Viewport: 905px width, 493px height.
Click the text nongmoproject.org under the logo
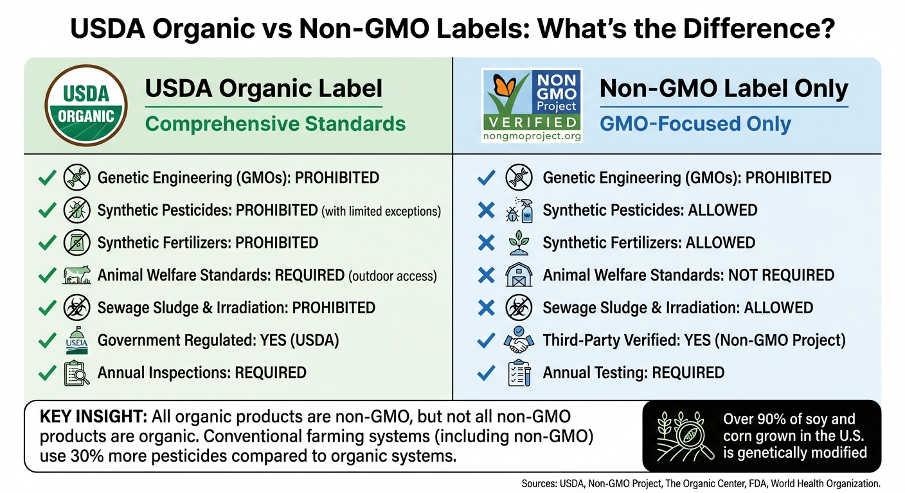[x=532, y=136]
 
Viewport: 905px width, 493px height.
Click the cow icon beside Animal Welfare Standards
[x=77, y=276]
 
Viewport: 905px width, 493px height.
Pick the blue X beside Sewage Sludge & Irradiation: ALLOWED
[x=487, y=308]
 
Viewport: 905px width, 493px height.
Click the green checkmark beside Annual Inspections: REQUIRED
[x=47, y=373]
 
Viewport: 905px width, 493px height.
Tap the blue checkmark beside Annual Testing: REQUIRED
[x=487, y=373]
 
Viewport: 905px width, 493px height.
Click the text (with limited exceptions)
[x=381, y=211]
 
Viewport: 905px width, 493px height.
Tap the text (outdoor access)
[x=393, y=276]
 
